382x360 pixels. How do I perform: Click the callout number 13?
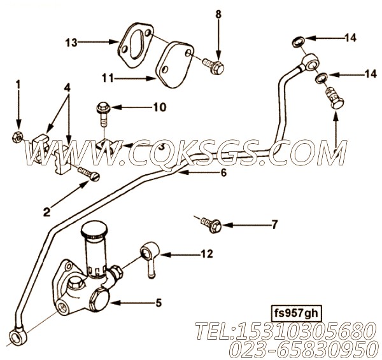tap(71, 43)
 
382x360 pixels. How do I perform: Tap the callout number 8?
tap(218, 15)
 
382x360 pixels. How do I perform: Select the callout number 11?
tap(108, 78)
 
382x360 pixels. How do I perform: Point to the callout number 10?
tap(160, 107)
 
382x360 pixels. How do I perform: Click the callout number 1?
tap(18, 85)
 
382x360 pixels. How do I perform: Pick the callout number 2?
tap(46, 212)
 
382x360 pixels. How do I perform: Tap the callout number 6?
tap(223, 172)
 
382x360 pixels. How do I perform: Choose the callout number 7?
tap(274, 225)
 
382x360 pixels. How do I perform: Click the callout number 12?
tap(207, 254)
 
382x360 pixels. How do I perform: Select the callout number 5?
tap(159, 303)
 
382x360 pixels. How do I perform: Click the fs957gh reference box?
tap(296, 314)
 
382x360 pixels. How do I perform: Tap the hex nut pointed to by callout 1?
tap(17, 137)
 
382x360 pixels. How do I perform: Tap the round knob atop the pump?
tap(94, 228)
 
